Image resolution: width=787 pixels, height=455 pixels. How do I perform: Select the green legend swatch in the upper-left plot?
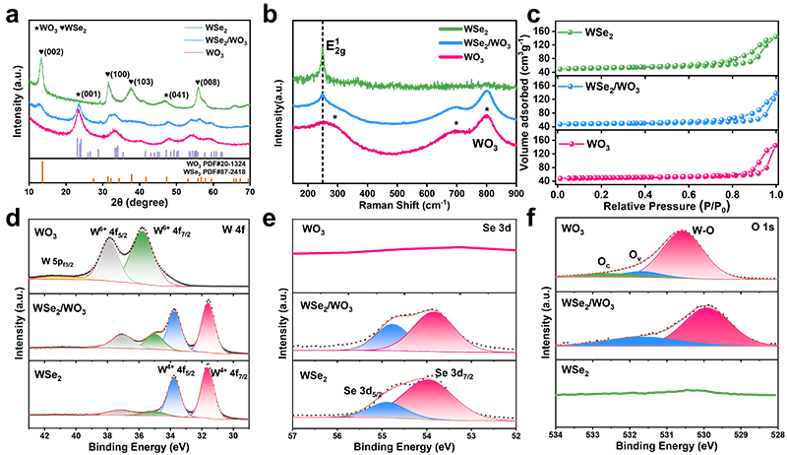tap(192, 30)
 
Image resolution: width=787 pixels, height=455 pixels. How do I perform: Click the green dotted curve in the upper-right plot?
tap(669, 52)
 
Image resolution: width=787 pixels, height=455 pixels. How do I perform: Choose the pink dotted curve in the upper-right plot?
tap(669, 162)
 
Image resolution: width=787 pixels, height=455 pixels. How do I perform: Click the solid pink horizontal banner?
tap(403, 252)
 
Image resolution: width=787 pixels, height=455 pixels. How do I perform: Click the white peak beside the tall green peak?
tap(108, 262)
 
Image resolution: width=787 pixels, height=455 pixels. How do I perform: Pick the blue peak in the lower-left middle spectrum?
tap(174, 331)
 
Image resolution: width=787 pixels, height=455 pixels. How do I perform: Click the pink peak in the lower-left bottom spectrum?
tap(205, 389)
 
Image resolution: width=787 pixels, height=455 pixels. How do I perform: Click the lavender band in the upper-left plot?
tap(148, 151)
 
